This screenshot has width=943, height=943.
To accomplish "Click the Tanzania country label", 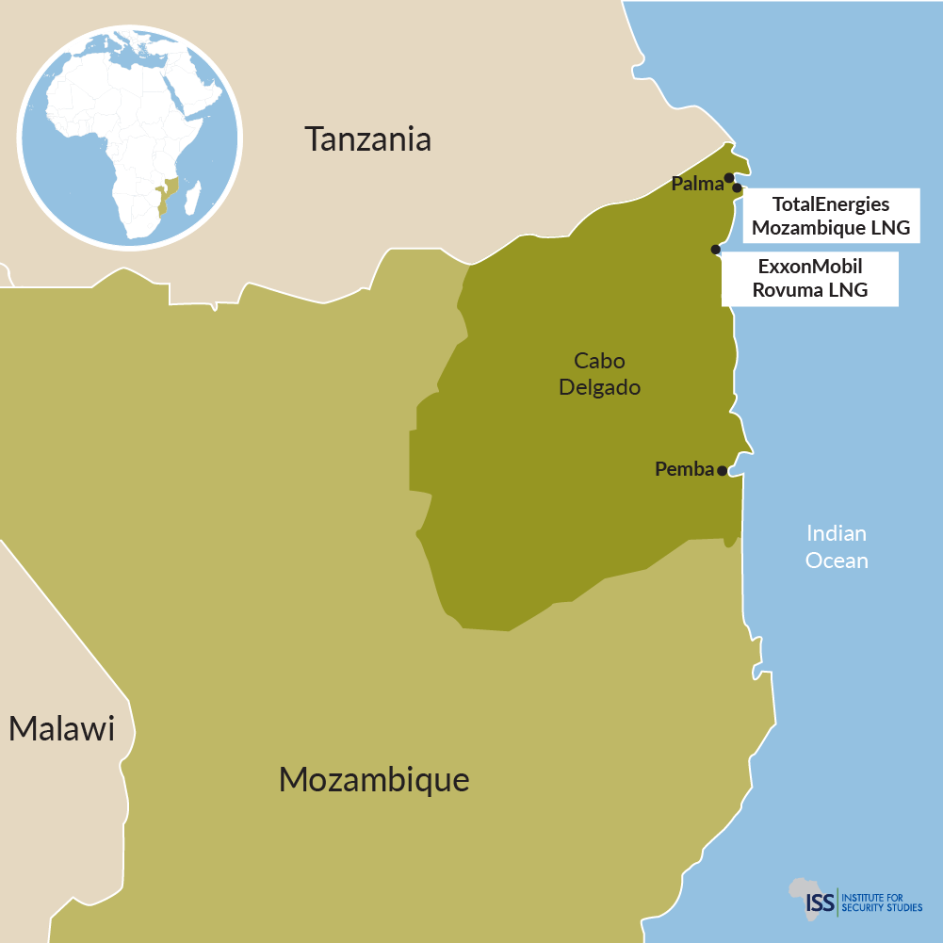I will [x=368, y=139].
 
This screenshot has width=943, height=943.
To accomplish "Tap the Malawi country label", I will [x=61, y=728].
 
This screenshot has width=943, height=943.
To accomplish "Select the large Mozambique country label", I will [x=374, y=780].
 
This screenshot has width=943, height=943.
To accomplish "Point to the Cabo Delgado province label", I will [x=599, y=374].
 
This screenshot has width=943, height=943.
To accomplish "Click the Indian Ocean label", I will [x=837, y=546].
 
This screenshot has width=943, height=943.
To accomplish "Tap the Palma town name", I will [x=696, y=184].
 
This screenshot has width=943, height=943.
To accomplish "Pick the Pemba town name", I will [x=684, y=469].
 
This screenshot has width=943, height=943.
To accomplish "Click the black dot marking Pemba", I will [x=722, y=471].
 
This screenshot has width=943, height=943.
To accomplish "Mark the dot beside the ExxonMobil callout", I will [x=716, y=250].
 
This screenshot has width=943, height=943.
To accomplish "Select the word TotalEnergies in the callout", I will [x=831, y=203].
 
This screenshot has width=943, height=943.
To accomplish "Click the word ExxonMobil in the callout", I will [x=810, y=267].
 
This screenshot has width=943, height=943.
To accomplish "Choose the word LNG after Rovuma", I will [x=848, y=290].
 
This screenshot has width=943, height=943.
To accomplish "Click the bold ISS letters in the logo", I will [x=821, y=902].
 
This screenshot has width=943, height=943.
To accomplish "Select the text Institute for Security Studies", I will [x=882, y=902].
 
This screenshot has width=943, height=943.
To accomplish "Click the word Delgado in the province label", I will [x=599, y=387].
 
